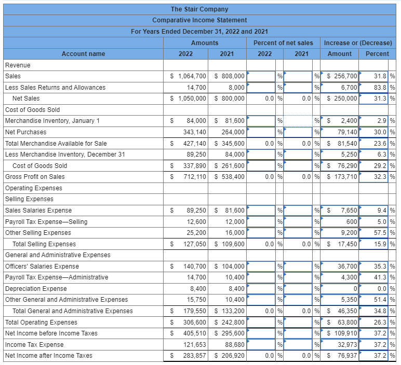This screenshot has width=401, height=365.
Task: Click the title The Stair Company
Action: [x=199, y=9]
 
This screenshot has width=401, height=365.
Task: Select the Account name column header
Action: [x=83, y=53]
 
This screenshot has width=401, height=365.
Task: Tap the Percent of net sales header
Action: [x=283, y=43]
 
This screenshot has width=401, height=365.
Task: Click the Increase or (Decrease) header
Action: [x=357, y=43]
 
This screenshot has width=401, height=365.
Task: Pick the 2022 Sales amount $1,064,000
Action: [x=189, y=76]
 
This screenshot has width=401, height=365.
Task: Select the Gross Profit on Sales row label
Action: [x=35, y=177]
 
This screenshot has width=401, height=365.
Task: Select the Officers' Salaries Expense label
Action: [x=42, y=266]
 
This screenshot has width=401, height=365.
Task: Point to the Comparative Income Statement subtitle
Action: [x=199, y=20]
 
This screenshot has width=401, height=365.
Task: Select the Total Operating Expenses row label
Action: [x=41, y=322]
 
